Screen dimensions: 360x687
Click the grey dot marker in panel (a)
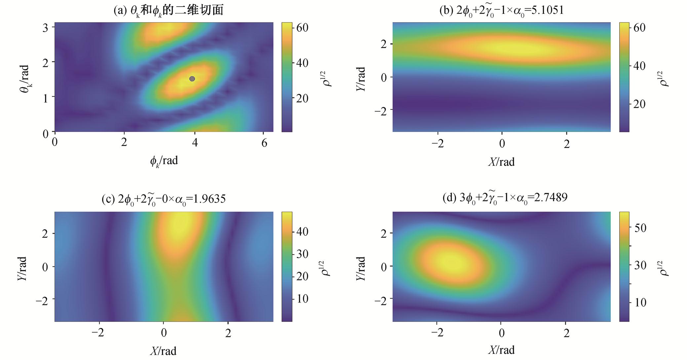pyautogui.click(x=192, y=79)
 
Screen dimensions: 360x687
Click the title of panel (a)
pyautogui.click(x=168, y=10)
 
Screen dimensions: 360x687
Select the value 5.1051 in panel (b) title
pyautogui.click(x=547, y=10)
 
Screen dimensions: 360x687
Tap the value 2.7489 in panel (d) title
pyautogui.click(x=551, y=197)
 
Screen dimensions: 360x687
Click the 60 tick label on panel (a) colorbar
pyautogui.click(x=302, y=28)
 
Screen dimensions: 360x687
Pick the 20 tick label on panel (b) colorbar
pyautogui.click(x=639, y=104)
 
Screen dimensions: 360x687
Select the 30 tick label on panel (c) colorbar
pyautogui.click(x=302, y=254)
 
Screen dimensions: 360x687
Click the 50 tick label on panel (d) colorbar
pyautogui.click(x=640, y=228)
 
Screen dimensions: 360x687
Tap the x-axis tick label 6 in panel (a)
pyautogui.click(x=264, y=143)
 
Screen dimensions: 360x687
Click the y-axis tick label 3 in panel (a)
pyautogui.click(x=45, y=28)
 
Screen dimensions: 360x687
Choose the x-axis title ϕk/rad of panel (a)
pyautogui.click(x=164, y=161)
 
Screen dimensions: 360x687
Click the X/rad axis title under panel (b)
pyautogui.click(x=501, y=162)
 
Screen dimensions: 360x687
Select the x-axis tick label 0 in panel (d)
pyautogui.click(x=501, y=333)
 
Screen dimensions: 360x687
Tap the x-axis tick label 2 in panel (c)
pyautogui.click(x=228, y=333)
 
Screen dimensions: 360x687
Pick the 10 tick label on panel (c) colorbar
pyautogui.click(x=302, y=299)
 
